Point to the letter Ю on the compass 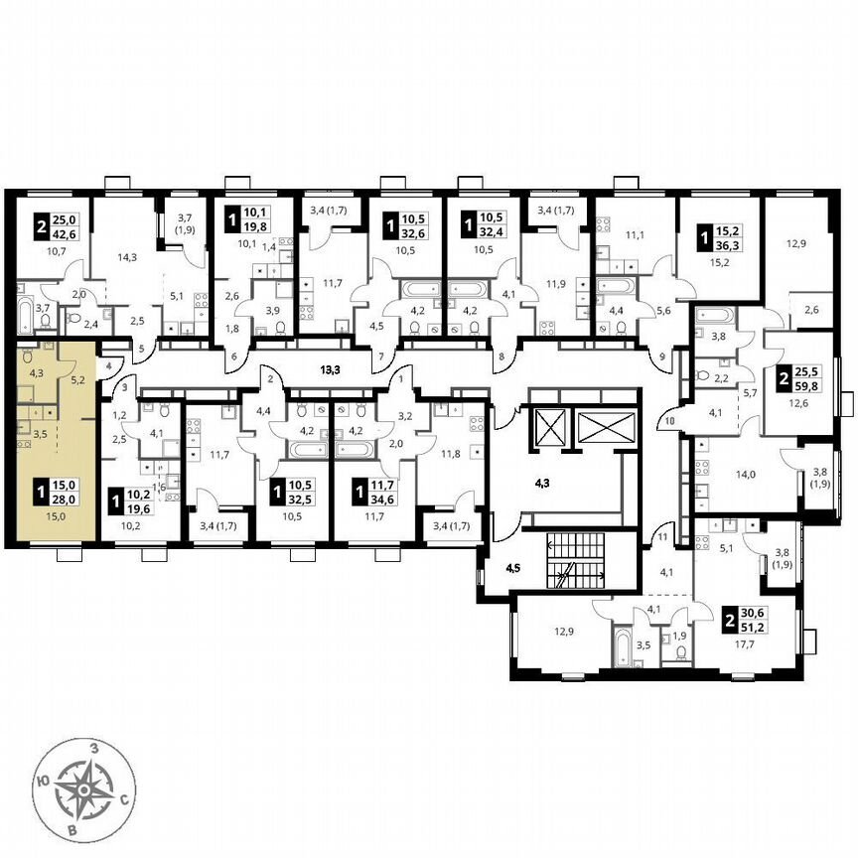(44, 782)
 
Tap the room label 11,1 (636, 235)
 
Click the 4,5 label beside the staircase (513, 570)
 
